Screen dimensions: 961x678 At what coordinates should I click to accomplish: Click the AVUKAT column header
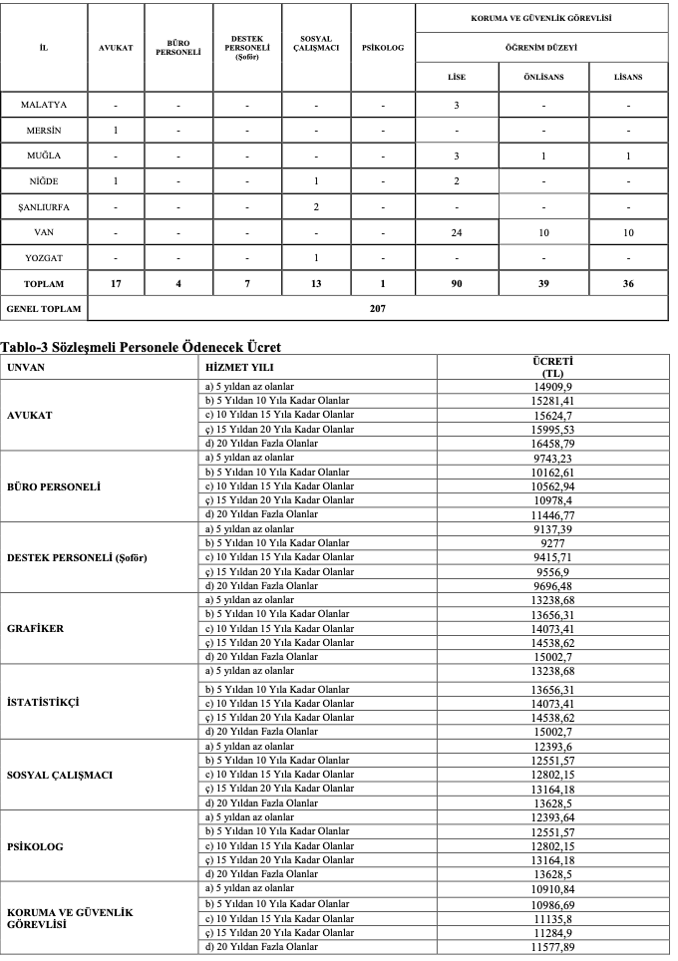pyautogui.click(x=116, y=48)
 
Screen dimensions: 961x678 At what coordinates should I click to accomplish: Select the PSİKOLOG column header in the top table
pyautogui.click(x=382, y=48)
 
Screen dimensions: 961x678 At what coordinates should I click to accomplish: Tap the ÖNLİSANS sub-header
pyautogui.click(x=543, y=77)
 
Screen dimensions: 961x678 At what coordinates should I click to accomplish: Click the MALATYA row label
pyautogui.click(x=44, y=104)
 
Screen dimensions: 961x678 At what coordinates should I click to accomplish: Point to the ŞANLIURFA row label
pyautogui.click(x=44, y=206)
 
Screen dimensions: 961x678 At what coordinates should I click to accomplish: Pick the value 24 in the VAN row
pyautogui.click(x=456, y=232)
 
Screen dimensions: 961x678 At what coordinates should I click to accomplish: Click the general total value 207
pyautogui.click(x=378, y=308)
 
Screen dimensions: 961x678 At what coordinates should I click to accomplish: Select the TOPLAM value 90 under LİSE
pyautogui.click(x=456, y=283)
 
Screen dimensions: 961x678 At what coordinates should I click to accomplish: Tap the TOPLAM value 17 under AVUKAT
pyautogui.click(x=116, y=283)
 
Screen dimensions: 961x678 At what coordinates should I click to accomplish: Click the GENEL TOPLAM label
pyautogui.click(x=44, y=308)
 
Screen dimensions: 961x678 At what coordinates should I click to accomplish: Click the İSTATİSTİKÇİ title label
pyautogui.click(x=45, y=702)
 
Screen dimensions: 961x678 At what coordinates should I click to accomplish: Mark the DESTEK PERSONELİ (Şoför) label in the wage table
pyautogui.click(x=77, y=557)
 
